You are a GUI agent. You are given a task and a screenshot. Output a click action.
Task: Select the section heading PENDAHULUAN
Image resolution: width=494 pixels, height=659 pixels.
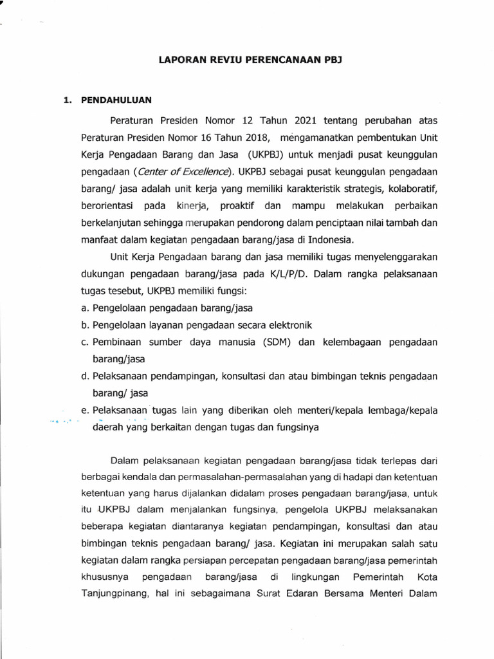pyautogui.click(x=115, y=100)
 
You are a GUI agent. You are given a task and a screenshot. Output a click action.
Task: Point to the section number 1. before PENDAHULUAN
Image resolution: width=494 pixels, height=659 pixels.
pyautogui.click(x=65, y=100)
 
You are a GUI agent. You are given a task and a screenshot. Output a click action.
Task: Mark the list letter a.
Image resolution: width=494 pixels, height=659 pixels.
pyautogui.click(x=85, y=308)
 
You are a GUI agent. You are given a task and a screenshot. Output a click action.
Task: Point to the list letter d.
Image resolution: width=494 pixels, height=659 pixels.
pyautogui.click(x=85, y=376)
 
